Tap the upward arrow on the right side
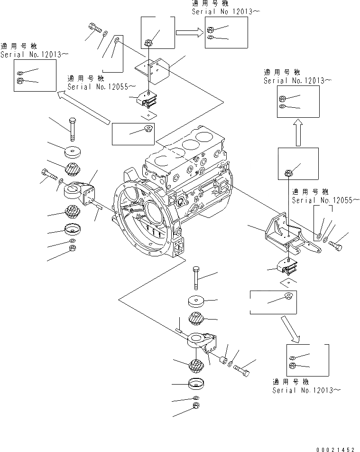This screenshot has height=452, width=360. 297,132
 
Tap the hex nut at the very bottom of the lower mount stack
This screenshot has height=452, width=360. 196,406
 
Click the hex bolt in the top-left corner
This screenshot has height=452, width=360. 94,29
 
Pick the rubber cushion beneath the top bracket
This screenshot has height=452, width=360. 148,101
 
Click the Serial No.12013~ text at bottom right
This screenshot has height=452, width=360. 305,390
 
